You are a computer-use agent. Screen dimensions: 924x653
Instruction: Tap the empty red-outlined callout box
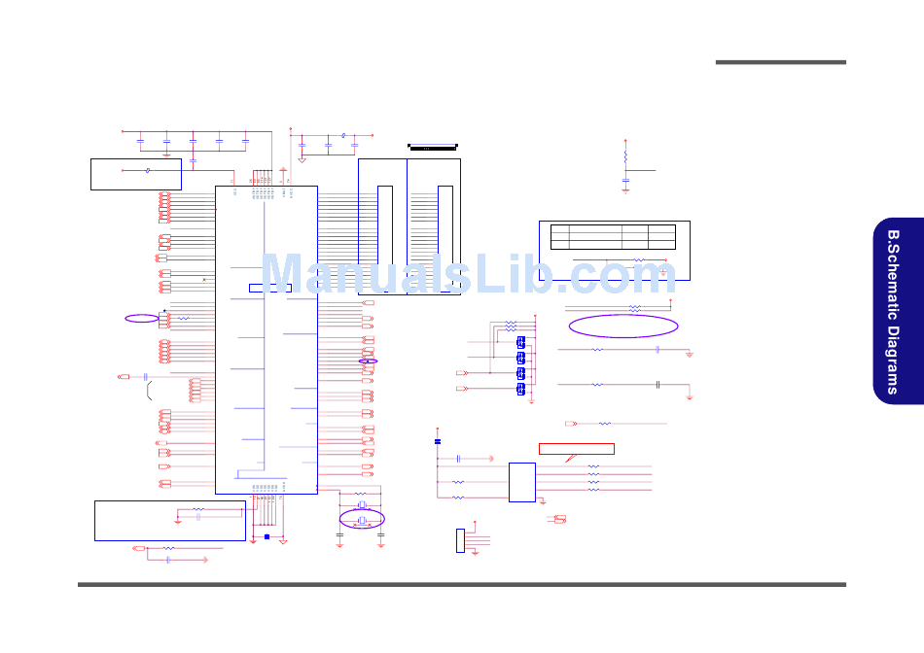[577, 448]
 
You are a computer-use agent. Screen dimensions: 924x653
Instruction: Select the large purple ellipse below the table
[622, 326]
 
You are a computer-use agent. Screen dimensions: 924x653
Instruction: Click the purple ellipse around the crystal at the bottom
[361, 518]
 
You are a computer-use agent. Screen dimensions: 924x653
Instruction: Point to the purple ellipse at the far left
[141, 318]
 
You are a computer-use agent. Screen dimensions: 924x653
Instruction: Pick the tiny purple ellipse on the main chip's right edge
[369, 361]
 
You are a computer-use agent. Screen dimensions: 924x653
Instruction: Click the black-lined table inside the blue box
[612, 236]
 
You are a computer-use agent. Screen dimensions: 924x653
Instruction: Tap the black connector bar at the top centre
[432, 148]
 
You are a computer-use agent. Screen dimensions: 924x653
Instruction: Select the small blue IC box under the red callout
[521, 482]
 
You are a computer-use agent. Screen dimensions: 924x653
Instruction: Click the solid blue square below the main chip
[267, 536]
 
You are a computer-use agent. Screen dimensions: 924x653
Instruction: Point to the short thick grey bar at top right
[780, 62]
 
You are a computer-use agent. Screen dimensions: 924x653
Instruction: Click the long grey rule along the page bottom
[462, 584]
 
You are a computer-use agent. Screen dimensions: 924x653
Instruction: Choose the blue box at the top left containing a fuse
[136, 173]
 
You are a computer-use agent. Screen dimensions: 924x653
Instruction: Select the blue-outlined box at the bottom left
[170, 520]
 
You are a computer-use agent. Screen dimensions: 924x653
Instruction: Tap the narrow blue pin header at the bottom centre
[460, 541]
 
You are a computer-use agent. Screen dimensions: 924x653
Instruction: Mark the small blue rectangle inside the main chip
[269, 288]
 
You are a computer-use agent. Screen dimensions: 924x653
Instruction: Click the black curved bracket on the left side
[150, 392]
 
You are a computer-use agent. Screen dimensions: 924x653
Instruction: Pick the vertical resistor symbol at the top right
[625, 155]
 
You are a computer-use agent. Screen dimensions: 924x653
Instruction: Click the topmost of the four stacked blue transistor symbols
[521, 342]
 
